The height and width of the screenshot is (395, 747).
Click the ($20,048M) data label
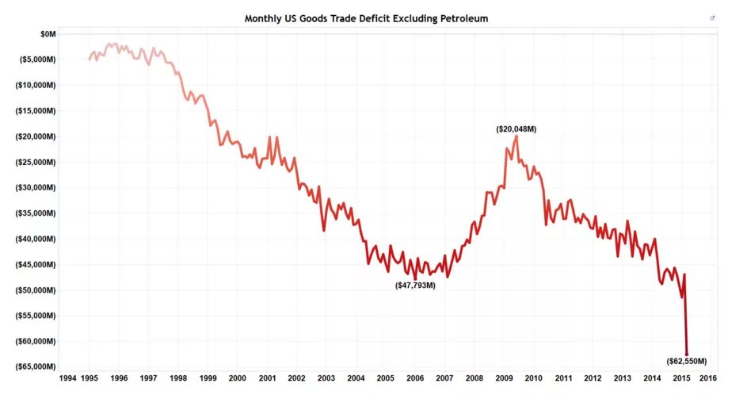point(516,128)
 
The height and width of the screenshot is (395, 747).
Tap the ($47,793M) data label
point(415,285)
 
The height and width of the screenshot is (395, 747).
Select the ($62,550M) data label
point(686,361)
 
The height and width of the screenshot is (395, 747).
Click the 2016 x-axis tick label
point(708,378)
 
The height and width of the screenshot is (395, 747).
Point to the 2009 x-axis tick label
point(503,378)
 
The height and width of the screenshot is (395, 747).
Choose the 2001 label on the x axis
point(267,378)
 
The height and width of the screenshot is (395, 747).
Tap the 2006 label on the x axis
point(414,378)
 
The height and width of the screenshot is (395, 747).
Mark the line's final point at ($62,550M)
point(686,354)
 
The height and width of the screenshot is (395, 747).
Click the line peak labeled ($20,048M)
point(516,136)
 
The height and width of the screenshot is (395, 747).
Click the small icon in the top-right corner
point(712,17)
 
